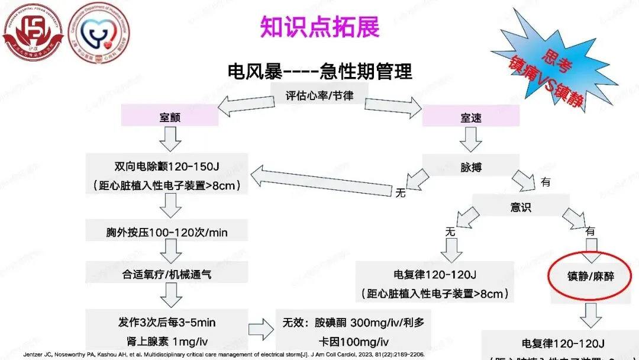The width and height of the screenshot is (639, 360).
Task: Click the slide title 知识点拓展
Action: pyautogui.click(x=319, y=27)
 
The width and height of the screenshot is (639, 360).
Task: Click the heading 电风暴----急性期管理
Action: pyautogui.click(x=319, y=72)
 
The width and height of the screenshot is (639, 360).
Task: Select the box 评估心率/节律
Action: pyautogui.click(x=319, y=95)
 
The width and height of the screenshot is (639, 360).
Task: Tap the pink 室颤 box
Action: pyautogui.click(x=170, y=117)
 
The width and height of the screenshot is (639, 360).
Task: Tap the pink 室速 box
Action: pyautogui.click(x=471, y=117)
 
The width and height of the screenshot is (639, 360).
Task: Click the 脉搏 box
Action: pyautogui.click(x=471, y=167)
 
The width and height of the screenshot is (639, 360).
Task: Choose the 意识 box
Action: pyautogui.click(x=521, y=207)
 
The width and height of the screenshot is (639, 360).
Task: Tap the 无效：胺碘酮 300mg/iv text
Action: pyautogui.click(x=353, y=323)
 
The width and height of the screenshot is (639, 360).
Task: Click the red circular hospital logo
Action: pyautogui.click(x=33, y=33)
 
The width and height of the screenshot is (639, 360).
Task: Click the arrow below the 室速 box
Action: pyautogui.click(x=471, y=140)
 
